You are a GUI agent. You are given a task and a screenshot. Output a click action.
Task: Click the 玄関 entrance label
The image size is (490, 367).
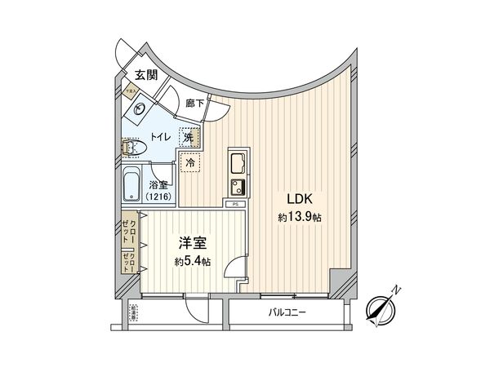pos(146,75)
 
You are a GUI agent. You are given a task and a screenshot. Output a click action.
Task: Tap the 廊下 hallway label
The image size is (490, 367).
pos(194,104)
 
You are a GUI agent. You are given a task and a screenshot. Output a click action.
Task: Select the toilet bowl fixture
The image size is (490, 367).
pos(132,148)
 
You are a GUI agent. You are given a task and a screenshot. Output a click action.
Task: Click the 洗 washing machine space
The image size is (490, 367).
pos(189,138)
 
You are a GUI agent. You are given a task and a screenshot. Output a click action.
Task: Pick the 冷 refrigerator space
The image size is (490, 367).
pos(190,163)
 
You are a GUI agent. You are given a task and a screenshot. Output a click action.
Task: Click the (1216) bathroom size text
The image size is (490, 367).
pos(158,197)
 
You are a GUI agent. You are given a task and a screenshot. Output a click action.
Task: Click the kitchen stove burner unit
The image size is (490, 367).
pos(238,185)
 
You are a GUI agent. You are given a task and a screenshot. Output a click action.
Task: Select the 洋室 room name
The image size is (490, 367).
pos(193,243)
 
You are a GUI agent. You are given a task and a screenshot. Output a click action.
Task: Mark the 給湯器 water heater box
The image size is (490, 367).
pos(133,312)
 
